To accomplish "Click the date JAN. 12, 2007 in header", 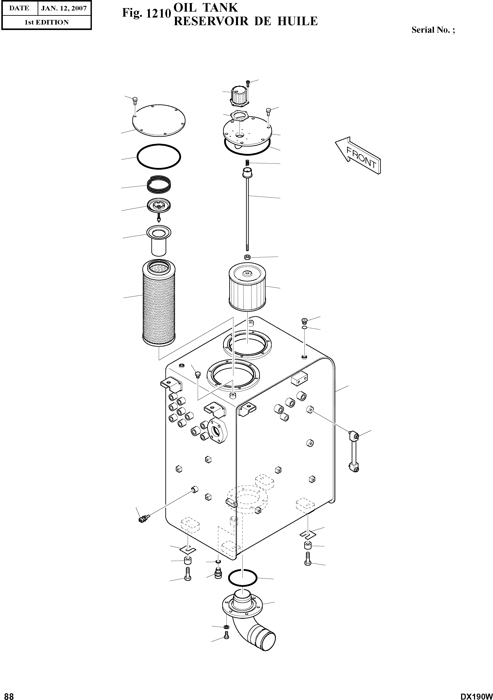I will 64,9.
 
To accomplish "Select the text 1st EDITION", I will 46,22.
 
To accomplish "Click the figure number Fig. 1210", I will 145,13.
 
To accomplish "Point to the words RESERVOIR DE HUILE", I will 245,21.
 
